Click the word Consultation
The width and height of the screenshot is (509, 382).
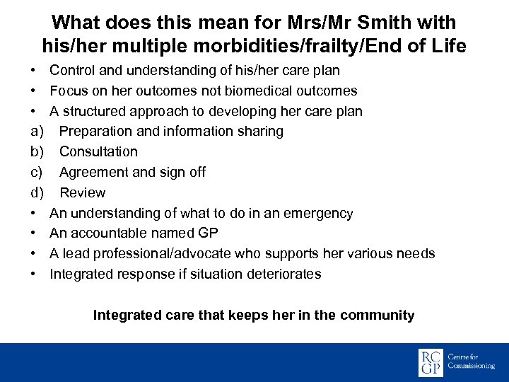98,152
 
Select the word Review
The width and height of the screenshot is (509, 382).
82,193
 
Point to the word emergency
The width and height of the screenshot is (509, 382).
316,214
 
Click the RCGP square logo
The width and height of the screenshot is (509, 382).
431,361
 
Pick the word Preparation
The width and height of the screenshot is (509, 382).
94,132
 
